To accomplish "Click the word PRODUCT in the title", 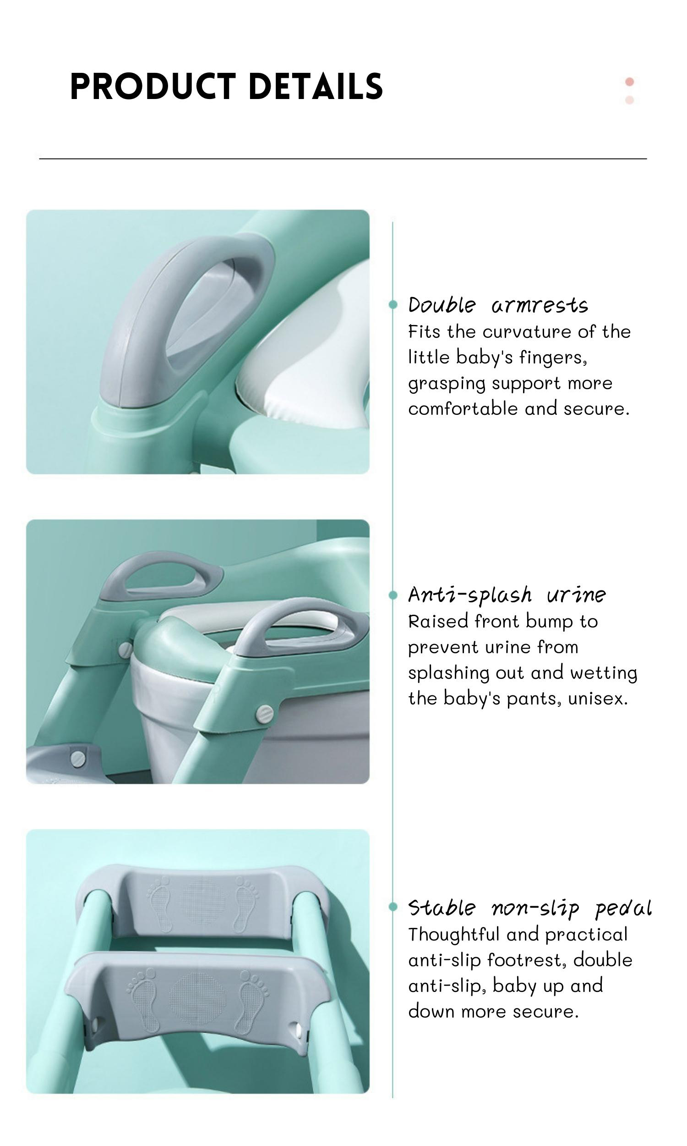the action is pyautogui.click(x=153, y=86).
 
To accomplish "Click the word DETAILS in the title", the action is pyautogui.click(x=316, y=86).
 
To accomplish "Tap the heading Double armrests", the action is pyautogui.click(x=498, y=305).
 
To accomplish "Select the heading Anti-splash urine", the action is pyautogui.click(x=507, y=595).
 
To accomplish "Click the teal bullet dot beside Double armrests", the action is pyautogui.click(x=393, y=305).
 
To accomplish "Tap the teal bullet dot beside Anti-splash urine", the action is pyautogui.click(x=393, y=595).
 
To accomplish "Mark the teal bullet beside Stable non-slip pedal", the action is pyautogui.click(x=393, y=907).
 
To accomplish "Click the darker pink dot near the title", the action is pyautogui.click(x=629, y=82).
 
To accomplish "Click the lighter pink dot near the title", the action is pyautogui.click(x=629, y=99).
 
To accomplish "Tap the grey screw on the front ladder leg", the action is pyautogui.click(x=265, y=714).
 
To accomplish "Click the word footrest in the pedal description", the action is pyautogui.click(x=526, y=960).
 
